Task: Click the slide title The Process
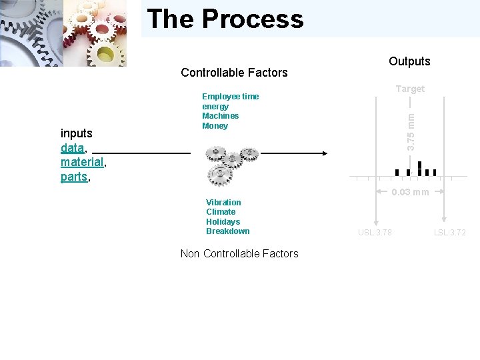click(x=225, y=19)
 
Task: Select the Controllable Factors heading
click(x=234, y=73)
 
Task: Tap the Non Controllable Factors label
click(x=239, y=253)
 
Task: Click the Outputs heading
click(x=409, y=61)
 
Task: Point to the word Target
click(x=410, y=89)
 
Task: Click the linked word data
click(x=72, y=147)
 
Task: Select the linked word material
click(x=82, y=162)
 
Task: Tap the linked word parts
click(x=74, y=177)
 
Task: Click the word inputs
click(x=77, y=133)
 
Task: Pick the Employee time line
click(x=230, y=97)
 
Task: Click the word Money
click(x=215, y=126)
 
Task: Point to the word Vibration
click(x=223, y=203)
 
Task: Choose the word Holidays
click(x=223, y=222)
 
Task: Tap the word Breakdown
click(x=227, y=231)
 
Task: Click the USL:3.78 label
click(x=375, y=233)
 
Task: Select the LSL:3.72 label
click(x=450, y=233)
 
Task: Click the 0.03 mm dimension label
click(x=410, y=193)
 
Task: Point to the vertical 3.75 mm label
click(x=411, y=131)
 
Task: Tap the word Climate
click(x=220, y=212)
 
